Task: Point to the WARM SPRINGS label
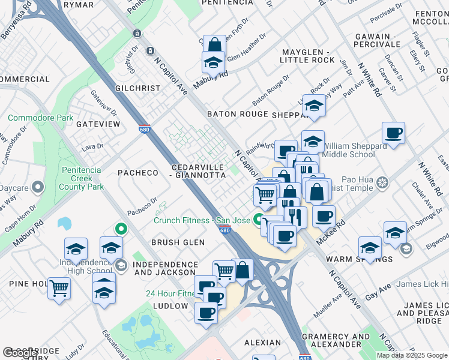coord(359,259)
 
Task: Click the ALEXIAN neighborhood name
coord(262,343)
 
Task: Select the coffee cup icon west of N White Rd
coord(393,133)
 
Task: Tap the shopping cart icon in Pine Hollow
coord(59,289)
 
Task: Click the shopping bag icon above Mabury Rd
coord(214,46)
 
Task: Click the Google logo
coord(20,353)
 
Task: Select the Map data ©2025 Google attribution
coord(412,355)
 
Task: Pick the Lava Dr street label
coord(94,146)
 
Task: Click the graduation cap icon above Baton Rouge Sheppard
coord(313,106)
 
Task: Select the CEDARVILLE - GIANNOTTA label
coord(197,171)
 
